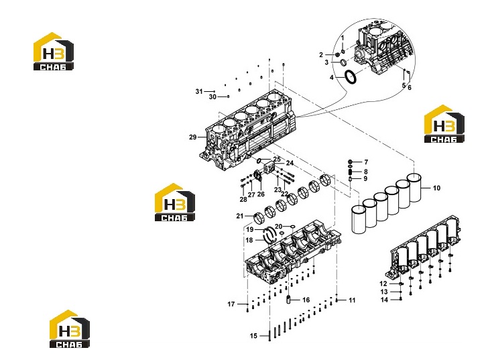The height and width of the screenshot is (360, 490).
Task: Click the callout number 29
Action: click(x=192, y=137)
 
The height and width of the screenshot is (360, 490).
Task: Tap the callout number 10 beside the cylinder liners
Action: click(x=436, y=188)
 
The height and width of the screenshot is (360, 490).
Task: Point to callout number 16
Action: click(x=306, y=300)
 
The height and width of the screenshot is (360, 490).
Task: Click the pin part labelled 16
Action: click(x=289, y=300)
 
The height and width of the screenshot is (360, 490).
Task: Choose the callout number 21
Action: click(x=240, y=216)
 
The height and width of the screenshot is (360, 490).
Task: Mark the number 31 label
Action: click(x=199, y=92)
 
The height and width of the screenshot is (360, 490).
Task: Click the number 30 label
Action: click(x=212, y=97)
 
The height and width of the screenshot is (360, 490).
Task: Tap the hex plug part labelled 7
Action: click(x=351, y=162)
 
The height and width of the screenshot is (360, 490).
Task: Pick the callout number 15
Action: click(x=253, y=336)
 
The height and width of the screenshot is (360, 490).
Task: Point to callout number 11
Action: click(x=352, y=300)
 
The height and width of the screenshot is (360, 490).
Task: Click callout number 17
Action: click(x=231, y=304)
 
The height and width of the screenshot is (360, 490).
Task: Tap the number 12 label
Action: click(x=383, y=284)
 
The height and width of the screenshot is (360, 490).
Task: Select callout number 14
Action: click(x=384, y=300)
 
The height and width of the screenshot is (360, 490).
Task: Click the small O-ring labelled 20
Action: click(x=292, y=226)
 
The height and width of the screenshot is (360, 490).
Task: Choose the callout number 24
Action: click(x=290, y=163)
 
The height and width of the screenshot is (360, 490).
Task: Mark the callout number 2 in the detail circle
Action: click(x=321, y=55)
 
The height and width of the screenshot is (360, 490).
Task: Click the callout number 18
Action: click(x=249, y=240)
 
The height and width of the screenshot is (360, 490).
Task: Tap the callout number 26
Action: click(x=261, y=194)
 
